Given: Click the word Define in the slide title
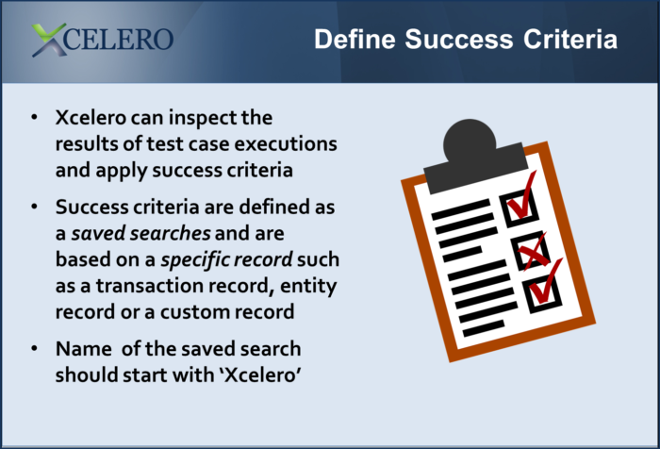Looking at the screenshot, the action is pyautogui.click(x=355, y=40).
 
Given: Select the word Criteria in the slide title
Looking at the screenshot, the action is pyautogui.click(x=570, y=40).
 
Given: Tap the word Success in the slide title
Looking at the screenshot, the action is pyautogui.click(x=459, y=40).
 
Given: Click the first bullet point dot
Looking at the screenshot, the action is pyautogui.click(x=35, y=117).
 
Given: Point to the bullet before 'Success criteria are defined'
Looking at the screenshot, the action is pyautogui.click(x=35, y=207).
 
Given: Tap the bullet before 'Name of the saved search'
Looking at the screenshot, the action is pyautogui.click(x=35, y=348).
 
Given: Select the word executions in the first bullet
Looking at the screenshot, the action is pyautogui.click(x=286, y=143).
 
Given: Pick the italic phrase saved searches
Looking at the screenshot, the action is pyautogui.click(x=141, y=233).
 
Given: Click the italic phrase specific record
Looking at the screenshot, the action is pyautogui.click(x=227, y=259).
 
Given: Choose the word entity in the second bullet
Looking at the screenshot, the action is pyautogui.click(x=308, y=287).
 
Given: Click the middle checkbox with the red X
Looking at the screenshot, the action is pyautogui.click(x=530, y=250).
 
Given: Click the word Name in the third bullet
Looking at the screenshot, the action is pyautogui.click(x=84, y=349).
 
